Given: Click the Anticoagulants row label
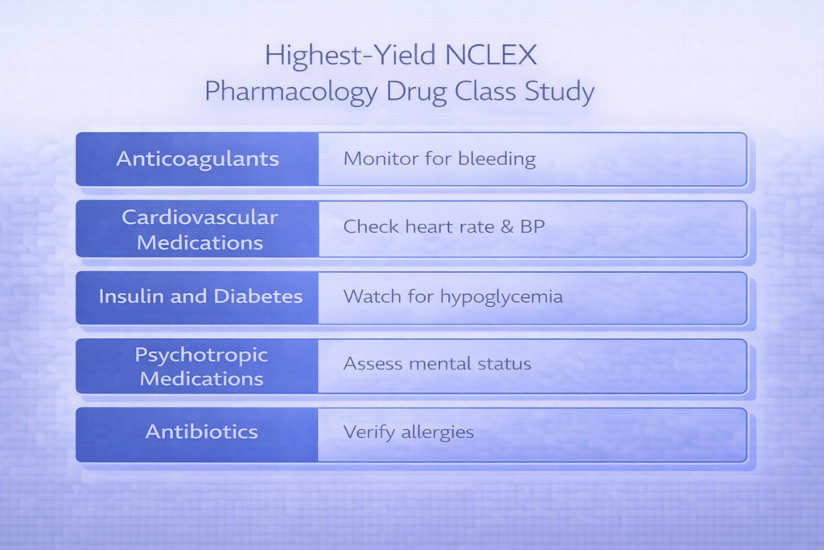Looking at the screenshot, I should click(198, 159).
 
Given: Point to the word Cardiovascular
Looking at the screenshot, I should click(200, 217).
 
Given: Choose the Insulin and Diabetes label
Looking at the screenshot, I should click(200, 296).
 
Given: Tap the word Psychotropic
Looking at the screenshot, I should click(201, 355).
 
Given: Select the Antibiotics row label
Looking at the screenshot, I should click(201, 432).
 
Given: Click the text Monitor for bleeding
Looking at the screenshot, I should click(439, 159).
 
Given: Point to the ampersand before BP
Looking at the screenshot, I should click(508, 226).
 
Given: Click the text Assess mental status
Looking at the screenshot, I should click(437, 364).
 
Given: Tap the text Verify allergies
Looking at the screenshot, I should click(409, 432).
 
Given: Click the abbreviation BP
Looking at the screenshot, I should click(532, 226).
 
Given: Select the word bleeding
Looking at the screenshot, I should click(496, 159).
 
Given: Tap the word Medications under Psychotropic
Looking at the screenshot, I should click(201, 378).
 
